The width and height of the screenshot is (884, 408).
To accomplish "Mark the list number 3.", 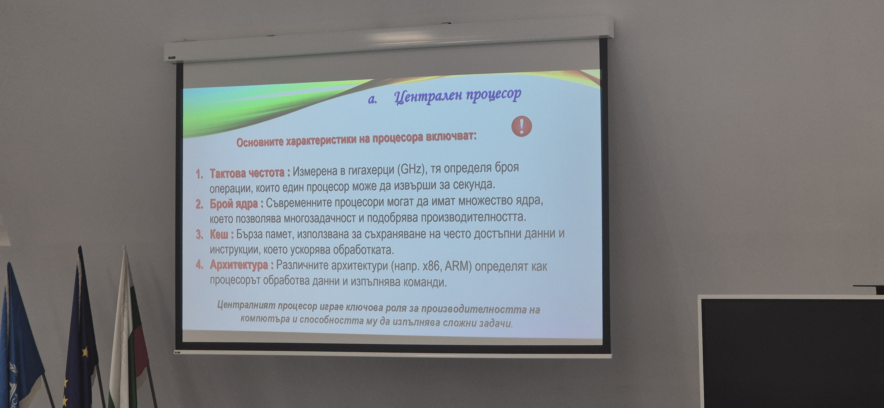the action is (x=199, y=235).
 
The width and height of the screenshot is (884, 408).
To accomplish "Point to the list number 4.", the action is (x=199, y=265).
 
